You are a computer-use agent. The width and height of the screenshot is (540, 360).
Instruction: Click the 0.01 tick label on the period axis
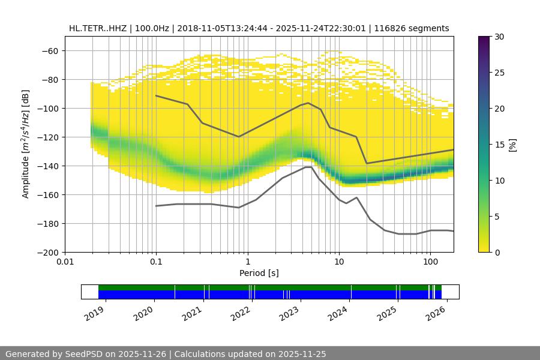click(x=65, y=262)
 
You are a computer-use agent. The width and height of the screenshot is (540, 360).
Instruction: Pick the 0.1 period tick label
click(x=156, y=262)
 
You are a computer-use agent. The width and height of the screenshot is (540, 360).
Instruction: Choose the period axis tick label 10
click(x=339, y=262)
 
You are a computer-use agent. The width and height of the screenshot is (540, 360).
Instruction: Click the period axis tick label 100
click(x=430, y=262)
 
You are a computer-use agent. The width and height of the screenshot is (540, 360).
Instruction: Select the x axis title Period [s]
click(x=259, y=273)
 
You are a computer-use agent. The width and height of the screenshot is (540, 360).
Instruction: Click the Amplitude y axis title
click(x=25, y=144)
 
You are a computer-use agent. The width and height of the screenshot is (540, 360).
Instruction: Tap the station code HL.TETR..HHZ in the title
click(x=97, y=28)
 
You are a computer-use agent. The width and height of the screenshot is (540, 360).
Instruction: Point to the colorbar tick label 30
click(x=499, y=37)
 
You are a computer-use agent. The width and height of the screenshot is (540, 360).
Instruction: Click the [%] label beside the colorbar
click(x=512, y=145)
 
